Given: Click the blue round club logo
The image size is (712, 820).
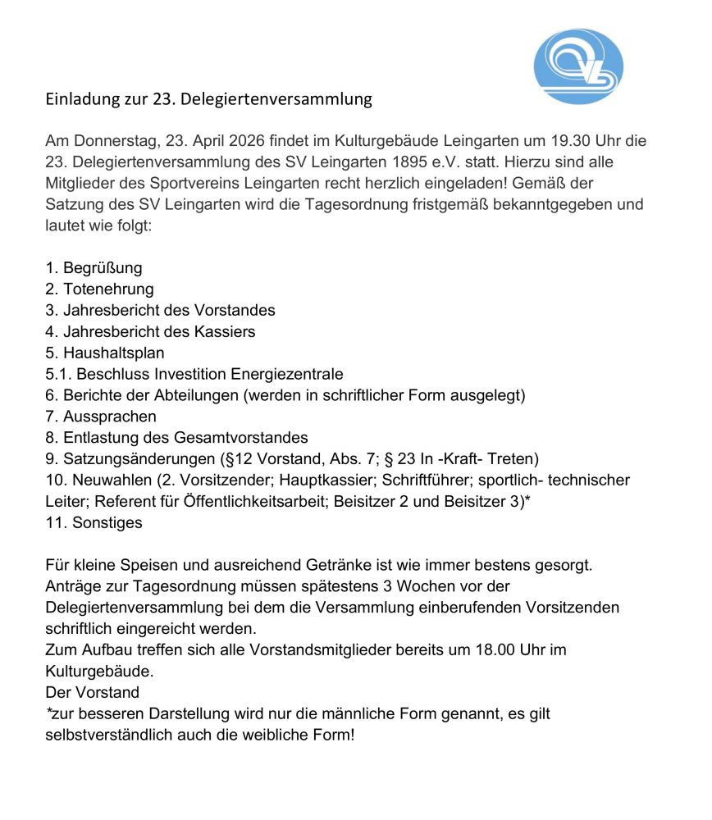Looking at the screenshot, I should click(x=577, y=66).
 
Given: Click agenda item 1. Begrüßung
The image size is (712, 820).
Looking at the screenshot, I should click(x=94, y=268).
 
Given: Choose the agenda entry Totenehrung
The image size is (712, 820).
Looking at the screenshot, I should click(x=107, y=289).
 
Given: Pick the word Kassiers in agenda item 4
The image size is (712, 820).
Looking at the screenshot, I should click(x=227, y=332).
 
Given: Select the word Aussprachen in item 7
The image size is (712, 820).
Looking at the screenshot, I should click(x=109, y=417).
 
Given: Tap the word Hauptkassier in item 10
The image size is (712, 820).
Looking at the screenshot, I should click(x=332, y=481).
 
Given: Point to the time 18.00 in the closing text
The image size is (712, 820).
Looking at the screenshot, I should click(x=494, y=650).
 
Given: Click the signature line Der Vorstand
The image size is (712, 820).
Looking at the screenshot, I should click(x=92, y=693).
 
